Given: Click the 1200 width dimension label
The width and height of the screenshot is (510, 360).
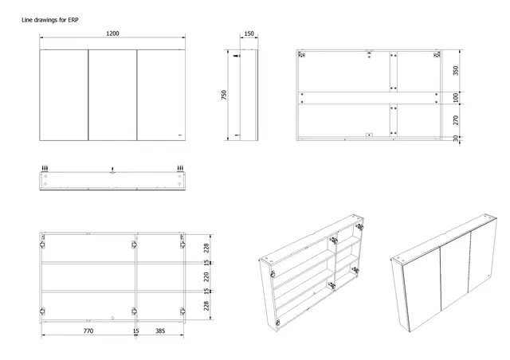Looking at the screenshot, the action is click(112, 33).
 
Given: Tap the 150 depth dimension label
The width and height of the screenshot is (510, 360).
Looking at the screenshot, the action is click(249, 33).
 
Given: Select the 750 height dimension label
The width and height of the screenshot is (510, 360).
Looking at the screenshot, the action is click(224, 95).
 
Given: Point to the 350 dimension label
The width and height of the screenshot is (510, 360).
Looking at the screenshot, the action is click(456, 71).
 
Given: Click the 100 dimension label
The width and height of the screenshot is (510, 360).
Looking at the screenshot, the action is click(456, 97).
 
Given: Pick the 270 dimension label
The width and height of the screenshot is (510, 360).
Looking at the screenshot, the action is click(456, 120).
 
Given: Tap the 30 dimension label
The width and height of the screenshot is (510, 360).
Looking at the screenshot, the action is click(456, 139).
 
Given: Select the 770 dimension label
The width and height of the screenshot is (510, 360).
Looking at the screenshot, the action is click(88, 331).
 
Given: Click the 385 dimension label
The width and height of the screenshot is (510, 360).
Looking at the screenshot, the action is click(160, 331).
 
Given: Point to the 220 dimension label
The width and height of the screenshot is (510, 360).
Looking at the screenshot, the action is click(206, 277).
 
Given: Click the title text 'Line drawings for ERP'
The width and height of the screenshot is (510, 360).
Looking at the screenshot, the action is click(49, 20).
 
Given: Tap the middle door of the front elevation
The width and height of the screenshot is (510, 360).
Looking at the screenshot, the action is click(112, 95).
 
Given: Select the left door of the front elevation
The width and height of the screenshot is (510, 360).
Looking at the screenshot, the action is click(64, 95).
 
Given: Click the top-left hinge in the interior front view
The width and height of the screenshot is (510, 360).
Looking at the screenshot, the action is click(42, 245).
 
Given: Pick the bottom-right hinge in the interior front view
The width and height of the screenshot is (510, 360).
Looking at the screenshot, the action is click(182, 311).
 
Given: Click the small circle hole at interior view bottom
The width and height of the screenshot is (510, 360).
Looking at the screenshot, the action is click(112, 318).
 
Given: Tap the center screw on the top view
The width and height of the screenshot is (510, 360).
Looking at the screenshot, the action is click(112, 170).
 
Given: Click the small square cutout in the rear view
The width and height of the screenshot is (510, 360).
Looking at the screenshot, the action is click(369, 135).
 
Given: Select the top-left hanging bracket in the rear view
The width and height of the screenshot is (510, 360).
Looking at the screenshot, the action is click(302, 55).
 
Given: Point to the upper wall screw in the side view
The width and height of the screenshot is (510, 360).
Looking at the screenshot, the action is click(237, 56).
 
